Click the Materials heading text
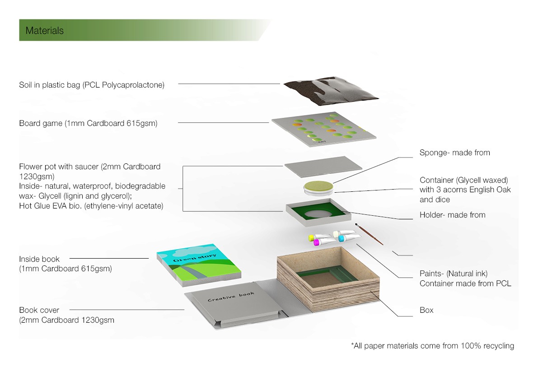(x=44, y=31)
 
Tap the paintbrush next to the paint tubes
(x=369, y=233)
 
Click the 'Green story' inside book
(x=199, y=264)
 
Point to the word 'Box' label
(x=426, y=310)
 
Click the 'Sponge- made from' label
(x=454, y=153)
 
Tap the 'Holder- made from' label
(x=452, y=215)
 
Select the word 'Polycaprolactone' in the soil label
(x=136, y=85)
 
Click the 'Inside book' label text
(x=39, y=259)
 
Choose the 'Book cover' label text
(x=39, y=310)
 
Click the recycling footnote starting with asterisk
(x=432, y=346)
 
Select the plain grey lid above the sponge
(x=323, y=167)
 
